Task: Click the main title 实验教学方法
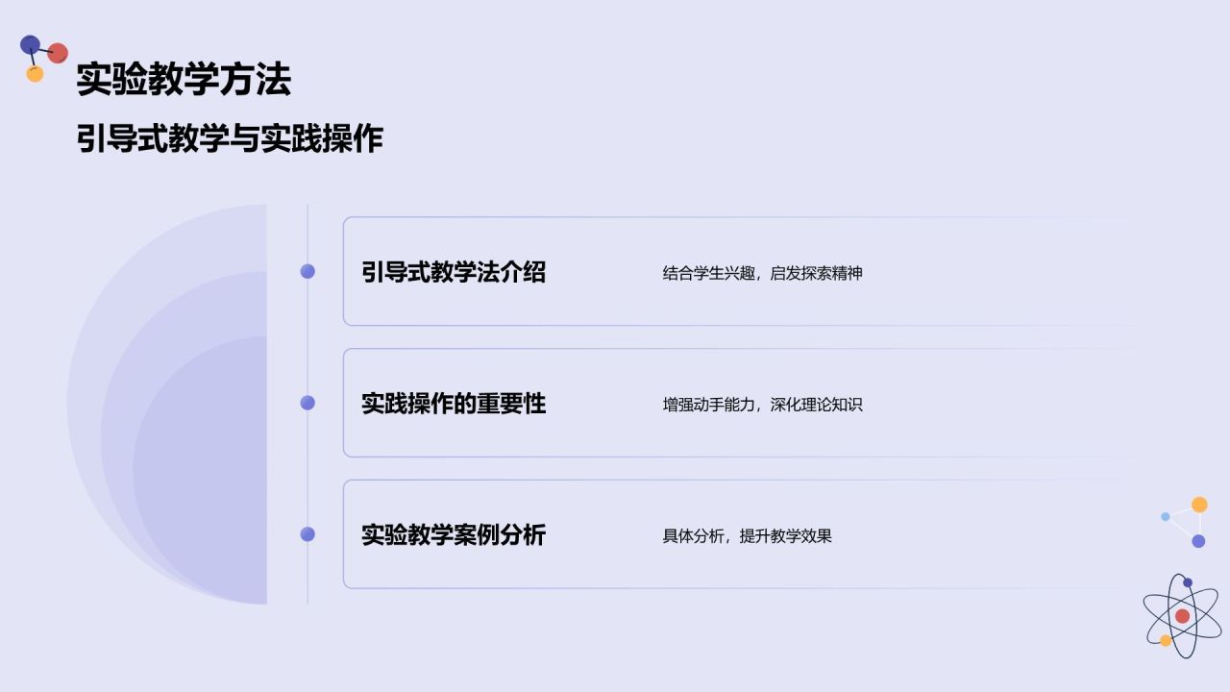(x=183, y=80)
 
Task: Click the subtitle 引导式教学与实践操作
(x=230, y=139)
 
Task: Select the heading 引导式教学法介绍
(x=454, y=272)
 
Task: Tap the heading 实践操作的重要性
(x=454, y=404)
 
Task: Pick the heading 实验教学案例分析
(x=454, y=534)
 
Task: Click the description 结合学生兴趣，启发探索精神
(x=762, y=273)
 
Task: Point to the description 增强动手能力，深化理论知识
(x=762, y=405)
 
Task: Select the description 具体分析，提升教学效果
(x=747, y=536)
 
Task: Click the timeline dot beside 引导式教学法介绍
(x=307, y=272)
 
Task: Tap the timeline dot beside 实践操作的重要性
(x=307, y=403)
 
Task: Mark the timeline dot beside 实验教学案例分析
(x=307, y=534)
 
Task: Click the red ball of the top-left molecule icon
(x=58, y=53)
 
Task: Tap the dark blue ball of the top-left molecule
(x=30, y=44)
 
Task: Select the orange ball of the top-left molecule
(x=36, y=74)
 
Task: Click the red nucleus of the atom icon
(x=1182, y=616)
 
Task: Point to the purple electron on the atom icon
(x=1188, y=582)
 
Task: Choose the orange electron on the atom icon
(x=1166, y=640)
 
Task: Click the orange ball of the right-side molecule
(x=1199, y=505)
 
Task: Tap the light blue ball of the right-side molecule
(x=1166, y=516)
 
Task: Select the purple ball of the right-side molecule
(x=1198, y=541)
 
